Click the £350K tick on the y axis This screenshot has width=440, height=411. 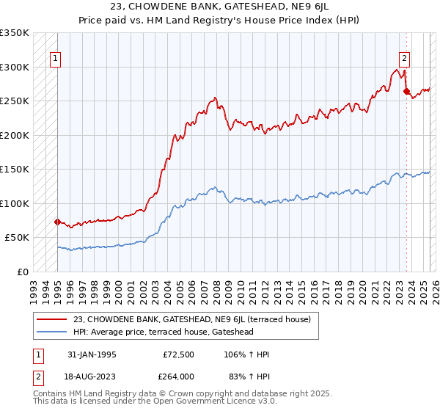(x=15, y=33)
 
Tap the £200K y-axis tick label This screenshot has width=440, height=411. (x=15, y=136)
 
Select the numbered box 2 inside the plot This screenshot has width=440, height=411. (x=404, y=59)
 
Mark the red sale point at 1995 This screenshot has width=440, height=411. (x=57, y=221)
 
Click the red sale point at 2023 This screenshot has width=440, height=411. (x=406, y=92)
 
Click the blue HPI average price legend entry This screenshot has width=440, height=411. (x=174, y=332)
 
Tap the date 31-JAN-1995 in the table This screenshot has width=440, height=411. (x=92, y=354)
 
